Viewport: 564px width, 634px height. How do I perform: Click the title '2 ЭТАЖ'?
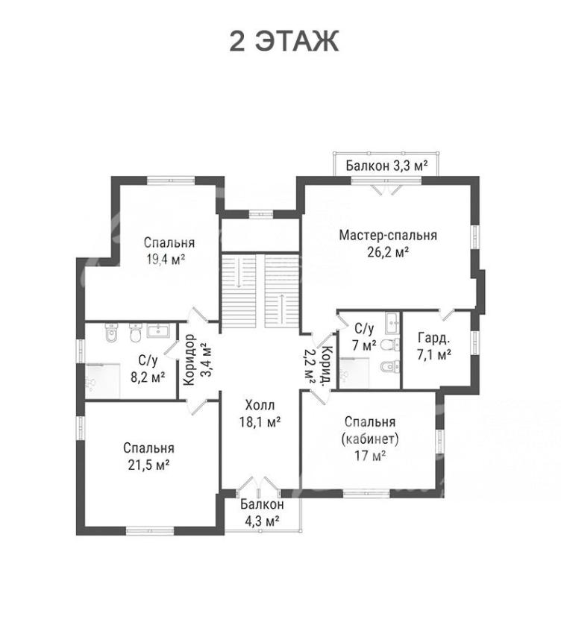(284, 41)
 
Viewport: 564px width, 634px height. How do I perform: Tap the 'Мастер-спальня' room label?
(388, 235)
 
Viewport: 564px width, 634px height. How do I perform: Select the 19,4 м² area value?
(166, 259)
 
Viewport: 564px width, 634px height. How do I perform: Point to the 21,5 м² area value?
(148, 465)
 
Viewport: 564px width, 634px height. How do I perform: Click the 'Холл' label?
(260, 405)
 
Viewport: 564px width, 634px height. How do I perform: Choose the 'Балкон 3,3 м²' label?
(387, 166)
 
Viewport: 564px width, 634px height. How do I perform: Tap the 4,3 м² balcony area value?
(262, 521)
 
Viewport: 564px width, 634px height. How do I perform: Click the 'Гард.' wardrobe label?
(433, 338)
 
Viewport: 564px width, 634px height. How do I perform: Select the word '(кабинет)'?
(370, 439)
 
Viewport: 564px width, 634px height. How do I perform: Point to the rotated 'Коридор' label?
(189, 360)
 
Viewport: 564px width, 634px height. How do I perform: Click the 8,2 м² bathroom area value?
(148, 377)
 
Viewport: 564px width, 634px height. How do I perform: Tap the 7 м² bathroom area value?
(364, 345)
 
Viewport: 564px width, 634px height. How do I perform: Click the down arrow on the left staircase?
(239, 273)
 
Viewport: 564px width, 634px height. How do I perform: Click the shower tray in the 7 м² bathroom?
(354, 373)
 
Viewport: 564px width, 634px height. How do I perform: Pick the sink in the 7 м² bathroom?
(392, 323)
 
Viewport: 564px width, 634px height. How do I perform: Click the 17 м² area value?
(370, 456)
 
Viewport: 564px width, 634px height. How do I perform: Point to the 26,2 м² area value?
(388, 252)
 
